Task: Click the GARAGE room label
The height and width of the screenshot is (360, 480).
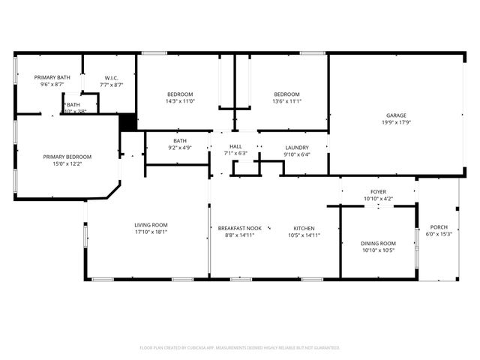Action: [396, 115]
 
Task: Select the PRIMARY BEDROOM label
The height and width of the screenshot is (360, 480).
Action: [67, 157]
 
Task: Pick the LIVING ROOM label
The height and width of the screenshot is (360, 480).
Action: [151, 225]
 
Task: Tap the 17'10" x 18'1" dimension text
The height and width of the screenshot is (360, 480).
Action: [151, 232]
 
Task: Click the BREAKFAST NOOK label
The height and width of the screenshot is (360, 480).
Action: [240, 228]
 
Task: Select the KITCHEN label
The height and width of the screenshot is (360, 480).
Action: [304, 228]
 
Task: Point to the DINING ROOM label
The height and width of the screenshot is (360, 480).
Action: [378, 243]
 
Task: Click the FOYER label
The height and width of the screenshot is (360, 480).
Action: [377, 191]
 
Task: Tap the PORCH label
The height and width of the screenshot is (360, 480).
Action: [438, 227]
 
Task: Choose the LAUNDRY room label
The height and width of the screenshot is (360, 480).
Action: [296, 147]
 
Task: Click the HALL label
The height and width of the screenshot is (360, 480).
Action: [235, 147]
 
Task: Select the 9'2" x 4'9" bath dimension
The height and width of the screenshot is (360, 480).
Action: [179, 148]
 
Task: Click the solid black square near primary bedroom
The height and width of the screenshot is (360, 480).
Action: [128, 122]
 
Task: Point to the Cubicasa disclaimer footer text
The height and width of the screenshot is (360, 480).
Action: [240, 347]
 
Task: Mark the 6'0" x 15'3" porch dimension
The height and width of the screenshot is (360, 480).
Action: [438, 235]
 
